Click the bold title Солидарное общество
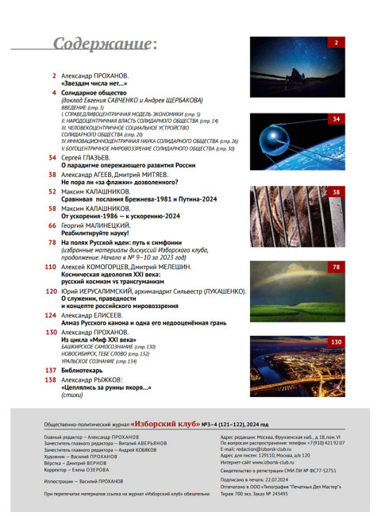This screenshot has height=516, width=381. pos(94,94)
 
